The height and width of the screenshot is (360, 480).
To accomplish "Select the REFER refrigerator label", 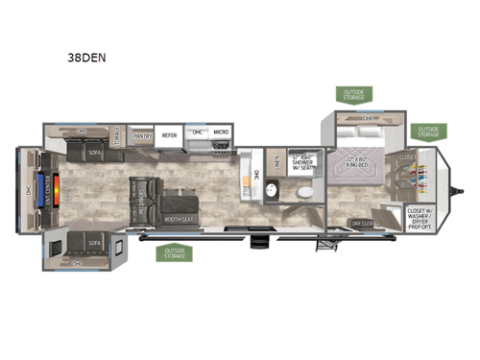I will point(170,136).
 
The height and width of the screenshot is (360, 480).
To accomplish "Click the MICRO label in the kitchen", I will point(221,132).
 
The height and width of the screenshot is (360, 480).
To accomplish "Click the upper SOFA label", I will point(96,152).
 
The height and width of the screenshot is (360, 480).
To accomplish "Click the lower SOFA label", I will point(96,244).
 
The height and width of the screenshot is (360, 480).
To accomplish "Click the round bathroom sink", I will point(272,192).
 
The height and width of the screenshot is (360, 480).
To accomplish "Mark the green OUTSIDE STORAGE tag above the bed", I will point(355,94).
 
